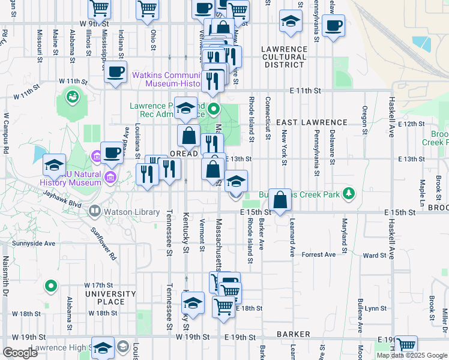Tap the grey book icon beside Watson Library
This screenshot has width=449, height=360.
coord(95,211)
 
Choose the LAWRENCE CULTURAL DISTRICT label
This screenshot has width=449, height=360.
coord(284,57)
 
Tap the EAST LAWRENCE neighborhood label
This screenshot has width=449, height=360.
coord(312,122)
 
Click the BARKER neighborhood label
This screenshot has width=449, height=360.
coord(293,334)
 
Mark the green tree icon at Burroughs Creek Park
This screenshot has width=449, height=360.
coord(349,194)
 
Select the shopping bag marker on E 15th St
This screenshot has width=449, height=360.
coord(280,200)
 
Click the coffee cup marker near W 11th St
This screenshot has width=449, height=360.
coord(115,73)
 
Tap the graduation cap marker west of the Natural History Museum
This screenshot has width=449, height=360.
coord(54,166)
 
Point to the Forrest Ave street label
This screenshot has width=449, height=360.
coord(319,255)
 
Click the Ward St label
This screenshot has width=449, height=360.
coord(375,255)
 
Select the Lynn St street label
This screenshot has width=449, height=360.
coord(376,308)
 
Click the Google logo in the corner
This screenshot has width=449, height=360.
coord(20,353)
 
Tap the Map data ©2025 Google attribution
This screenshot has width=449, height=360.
coord(412,355)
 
